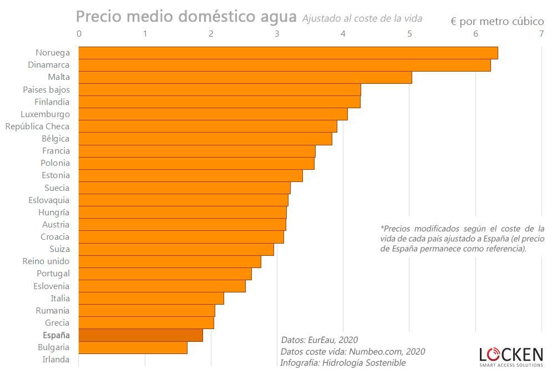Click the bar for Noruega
pos(288,53)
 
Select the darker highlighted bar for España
pos(141,335)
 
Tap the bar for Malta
pos(245,78)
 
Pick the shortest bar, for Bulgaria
pos(133,347)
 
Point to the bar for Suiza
pos(176,250)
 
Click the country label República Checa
pos(37,127)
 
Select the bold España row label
pos(56,335)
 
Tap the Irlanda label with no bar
pos(56,360)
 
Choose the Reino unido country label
pos(46,261)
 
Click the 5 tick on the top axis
pos(409,34)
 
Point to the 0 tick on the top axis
pos(79,34)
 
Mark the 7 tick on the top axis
pos(541,34)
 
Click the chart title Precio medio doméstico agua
pos(186,16)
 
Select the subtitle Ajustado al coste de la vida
pos(362,18)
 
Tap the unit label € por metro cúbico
pos(497,22)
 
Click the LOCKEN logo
pos(511,356)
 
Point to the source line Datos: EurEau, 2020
pos(320,340)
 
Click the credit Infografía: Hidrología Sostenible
pos(343,363)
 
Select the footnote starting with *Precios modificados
pos(462,239)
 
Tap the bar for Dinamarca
pos(285,65)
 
